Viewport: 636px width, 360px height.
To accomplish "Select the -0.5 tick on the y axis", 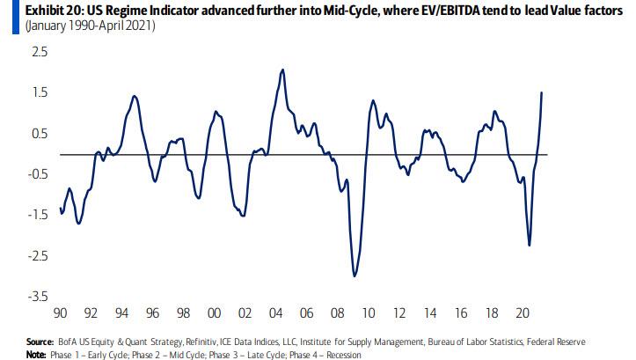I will [18, 174].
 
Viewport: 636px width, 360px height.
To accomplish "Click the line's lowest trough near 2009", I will [355, 276].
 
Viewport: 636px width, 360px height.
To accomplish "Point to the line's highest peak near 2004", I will [282, 70].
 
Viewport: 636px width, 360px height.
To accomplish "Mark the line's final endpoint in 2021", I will [541, 92].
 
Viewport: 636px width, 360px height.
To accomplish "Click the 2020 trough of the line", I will [529, 245].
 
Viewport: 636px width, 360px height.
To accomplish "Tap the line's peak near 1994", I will [134, 96].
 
